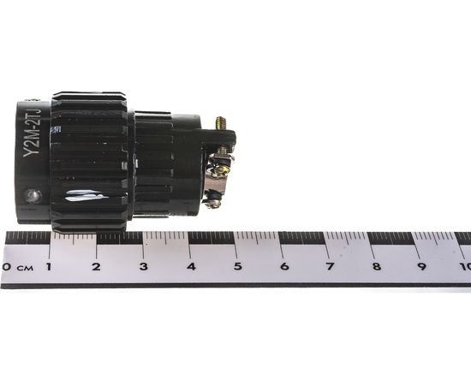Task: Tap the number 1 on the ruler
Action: click(48, 267)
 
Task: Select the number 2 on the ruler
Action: click(96, 267)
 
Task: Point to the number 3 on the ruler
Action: click(143, 267)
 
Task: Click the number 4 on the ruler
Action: click(190, 267)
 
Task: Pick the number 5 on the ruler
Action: click(237, 267)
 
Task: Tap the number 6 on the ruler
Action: click(283, 267)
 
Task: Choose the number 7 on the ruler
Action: click(330, 267)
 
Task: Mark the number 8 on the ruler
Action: click(376, 267)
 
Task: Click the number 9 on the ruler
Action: click(422, 267)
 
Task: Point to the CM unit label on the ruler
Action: click(24, 268)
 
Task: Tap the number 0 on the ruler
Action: click(6, 267)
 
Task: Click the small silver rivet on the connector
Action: click(33, 195)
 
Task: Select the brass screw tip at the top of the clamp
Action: click(220, 123)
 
